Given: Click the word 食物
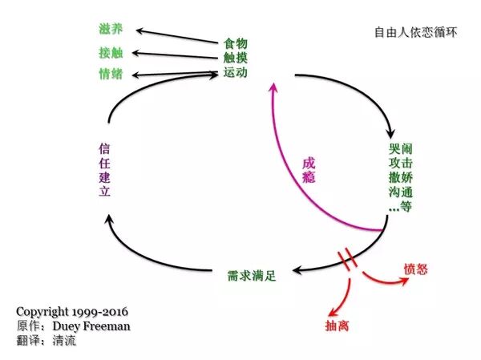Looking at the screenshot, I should tap(235, 42).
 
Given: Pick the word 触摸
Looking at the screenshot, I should tap(235, 57).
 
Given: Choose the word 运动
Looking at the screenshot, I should tap(235, 72).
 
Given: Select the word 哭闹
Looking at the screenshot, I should tap(398, 150).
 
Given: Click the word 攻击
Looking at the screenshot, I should tap(398, 164).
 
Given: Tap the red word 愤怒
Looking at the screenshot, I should tap(415, 268).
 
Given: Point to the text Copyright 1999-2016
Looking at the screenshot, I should tap(71, 310).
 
